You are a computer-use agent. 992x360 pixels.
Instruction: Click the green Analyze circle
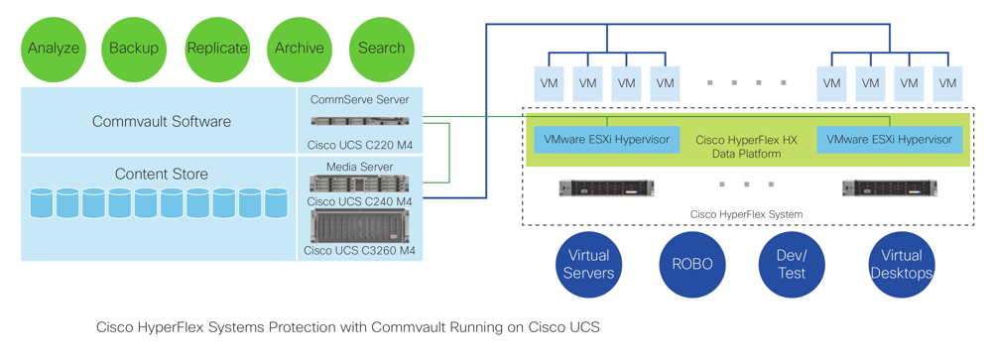click(53, 48)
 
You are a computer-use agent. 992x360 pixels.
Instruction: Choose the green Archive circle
click(300, 48)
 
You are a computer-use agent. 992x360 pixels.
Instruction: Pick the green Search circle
click(382, 48)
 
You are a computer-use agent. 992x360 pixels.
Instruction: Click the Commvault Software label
click(161, 122)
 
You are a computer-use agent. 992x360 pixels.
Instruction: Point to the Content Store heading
click(161, 175)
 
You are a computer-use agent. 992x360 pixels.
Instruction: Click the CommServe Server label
click(360, 100)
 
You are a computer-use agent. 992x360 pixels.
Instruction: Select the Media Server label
click(360, 166)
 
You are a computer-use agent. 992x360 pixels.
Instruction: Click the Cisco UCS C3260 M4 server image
click(360, 225)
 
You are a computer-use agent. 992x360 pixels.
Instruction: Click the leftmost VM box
click(547, 83)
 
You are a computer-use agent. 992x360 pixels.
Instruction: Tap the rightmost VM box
click(948, 83)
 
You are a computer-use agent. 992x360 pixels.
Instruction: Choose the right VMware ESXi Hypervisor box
click(889, 140)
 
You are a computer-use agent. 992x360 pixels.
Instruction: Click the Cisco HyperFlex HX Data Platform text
click(746, 147)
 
